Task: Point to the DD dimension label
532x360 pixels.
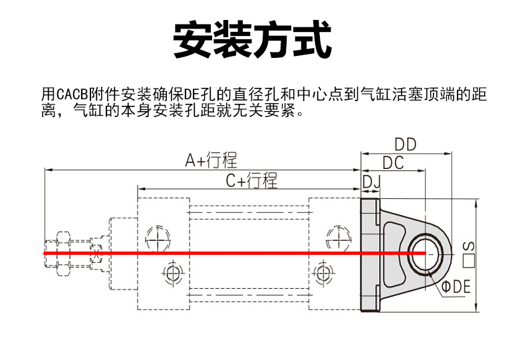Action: tap(406, 144)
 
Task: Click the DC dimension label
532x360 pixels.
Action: tap(394, 162)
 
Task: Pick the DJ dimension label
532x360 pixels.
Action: tap(371, 180)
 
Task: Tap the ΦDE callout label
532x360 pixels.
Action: tap(457, 287)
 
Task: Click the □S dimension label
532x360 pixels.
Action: tap(469, 253)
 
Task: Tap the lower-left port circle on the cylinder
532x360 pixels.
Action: tap(172, 273)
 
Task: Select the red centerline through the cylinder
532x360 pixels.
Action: tap(233, 254)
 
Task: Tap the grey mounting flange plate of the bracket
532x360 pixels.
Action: tap(369, 253)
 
